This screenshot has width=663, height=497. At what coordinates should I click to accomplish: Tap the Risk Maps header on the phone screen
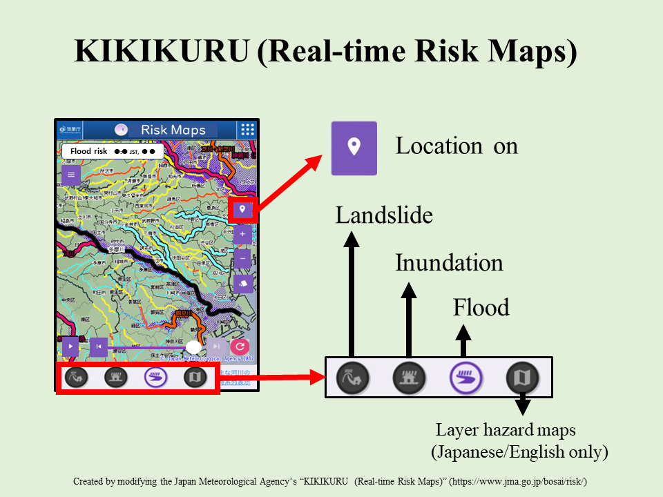point(173,130)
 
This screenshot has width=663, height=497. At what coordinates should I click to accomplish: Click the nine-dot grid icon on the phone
point(247,130)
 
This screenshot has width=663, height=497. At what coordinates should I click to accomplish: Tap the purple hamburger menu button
point(70,175)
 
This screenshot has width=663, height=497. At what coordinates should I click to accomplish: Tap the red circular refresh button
point(240,347)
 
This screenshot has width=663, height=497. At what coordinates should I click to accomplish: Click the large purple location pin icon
point(354,148)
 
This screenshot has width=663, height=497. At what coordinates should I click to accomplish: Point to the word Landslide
point(384,216)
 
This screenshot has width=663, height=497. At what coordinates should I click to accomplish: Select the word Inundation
point(449,263)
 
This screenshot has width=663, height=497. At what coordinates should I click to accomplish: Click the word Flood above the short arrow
point(481,307)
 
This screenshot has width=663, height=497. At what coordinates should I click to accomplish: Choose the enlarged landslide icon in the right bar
point(352,378)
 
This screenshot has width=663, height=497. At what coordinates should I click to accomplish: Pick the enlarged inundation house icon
point(409,378)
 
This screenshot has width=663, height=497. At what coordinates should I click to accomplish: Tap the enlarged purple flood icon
point(466,378)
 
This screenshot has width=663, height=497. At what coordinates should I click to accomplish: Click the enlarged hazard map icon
point(523,378)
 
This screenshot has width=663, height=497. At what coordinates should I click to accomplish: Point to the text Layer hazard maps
point(506,431)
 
